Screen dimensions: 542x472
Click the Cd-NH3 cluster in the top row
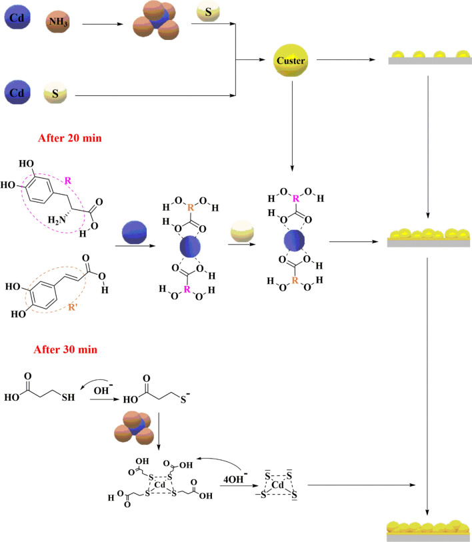pyautogui.click(x=156, y=25)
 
